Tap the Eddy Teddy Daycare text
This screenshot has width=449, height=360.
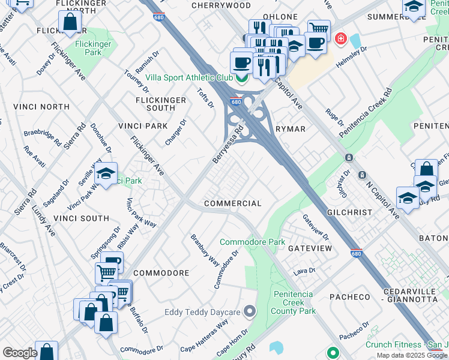pos(202,312)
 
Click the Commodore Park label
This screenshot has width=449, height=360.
pos(252,242)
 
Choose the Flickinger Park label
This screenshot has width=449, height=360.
pos(93,49)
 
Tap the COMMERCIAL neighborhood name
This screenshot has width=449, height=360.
pos(233,203)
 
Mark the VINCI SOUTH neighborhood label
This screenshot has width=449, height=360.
pos(81,218)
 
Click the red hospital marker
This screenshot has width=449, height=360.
pos(341,39)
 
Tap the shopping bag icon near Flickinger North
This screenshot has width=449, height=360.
pos(70,23)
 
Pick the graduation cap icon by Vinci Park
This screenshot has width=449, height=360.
pos(106,174)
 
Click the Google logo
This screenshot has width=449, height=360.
pos(20,353)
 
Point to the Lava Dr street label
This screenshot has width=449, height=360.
pos(304,272)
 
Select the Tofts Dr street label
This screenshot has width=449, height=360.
pos(205,98)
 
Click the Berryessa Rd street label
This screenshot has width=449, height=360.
pos(228,145)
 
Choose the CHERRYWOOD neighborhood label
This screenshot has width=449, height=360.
pos(221,5)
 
